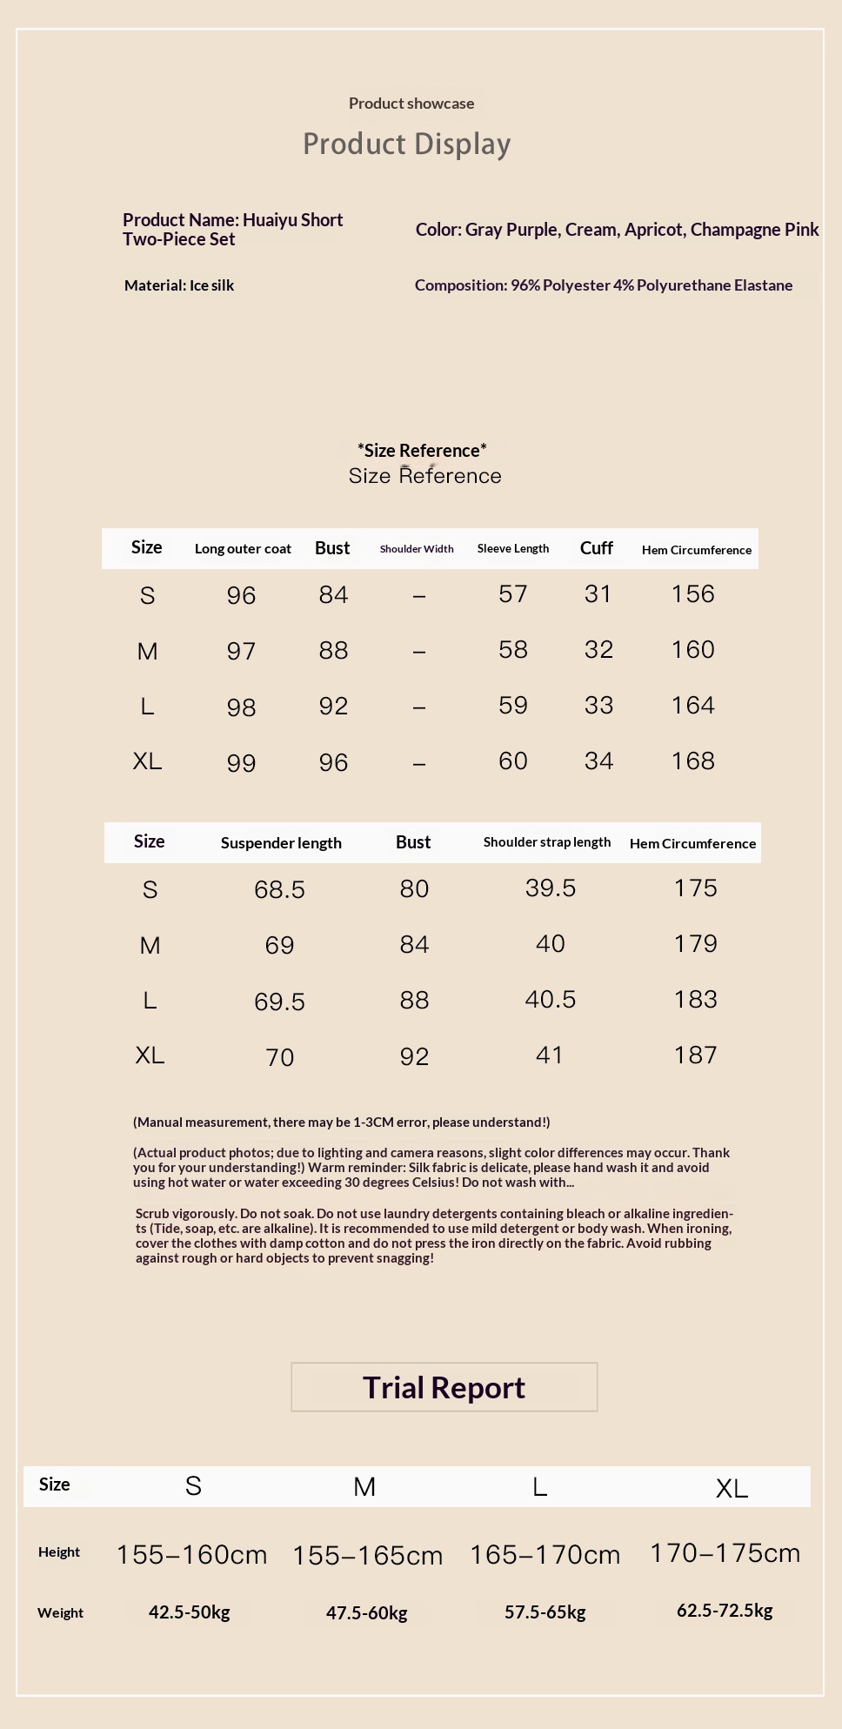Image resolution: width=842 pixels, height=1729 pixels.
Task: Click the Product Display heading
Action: tap(406, 144)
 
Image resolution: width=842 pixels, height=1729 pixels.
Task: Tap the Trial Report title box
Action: tap(444, 1387)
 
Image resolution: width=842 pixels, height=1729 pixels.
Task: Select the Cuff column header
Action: tap(597, 548)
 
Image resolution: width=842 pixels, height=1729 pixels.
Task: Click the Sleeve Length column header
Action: tap(513, 548)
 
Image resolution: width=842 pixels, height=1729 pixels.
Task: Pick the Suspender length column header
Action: tap(281, 843)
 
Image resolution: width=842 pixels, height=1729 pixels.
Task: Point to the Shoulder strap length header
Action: tap(547, 842)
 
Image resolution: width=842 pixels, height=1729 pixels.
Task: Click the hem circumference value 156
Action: tap(693, 594)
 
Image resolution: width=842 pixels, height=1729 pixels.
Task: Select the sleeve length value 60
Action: tap(513, 761)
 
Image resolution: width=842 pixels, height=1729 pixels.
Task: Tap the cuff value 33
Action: tap(598, 706)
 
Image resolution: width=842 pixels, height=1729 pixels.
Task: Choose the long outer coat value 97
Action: tap(241, 651)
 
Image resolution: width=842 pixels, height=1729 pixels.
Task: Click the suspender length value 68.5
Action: tap(279, 889)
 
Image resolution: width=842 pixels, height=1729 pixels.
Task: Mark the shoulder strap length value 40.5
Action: tap(550, 1000)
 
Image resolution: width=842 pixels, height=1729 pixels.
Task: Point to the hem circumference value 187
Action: tap(696, 1055)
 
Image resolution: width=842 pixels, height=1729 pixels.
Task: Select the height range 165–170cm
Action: tap(545, 1555)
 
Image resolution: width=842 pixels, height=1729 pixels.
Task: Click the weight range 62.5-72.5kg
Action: tap(725, 1611)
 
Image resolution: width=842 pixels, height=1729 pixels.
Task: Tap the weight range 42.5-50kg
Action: tap(190, 1612)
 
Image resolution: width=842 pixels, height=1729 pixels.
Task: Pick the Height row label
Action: tap(59, 1552)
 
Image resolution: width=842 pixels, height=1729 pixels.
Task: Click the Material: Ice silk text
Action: tap(179, 285)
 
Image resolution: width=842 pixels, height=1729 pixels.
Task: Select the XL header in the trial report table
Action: tap(732, 1489)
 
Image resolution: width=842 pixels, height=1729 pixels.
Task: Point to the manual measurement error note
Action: tap(342, 1123)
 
